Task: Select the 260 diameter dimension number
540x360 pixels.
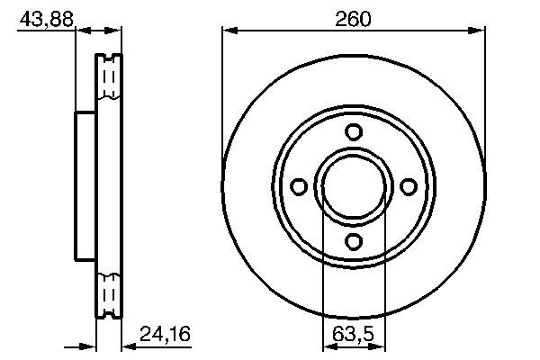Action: (355, 17)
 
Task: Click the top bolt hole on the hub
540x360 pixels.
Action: (354, 132)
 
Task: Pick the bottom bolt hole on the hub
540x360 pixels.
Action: (354, 240)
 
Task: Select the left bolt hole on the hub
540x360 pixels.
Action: (300, 186)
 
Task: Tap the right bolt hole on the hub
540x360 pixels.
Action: (408, 186)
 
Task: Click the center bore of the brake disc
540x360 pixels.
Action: (354, 186)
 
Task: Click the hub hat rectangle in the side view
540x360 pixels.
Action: (85, 186)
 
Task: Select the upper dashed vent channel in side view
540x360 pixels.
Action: (109, 81)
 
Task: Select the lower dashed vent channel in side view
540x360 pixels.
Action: (109, 292)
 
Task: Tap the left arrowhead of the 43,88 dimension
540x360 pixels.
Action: (80, 31)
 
